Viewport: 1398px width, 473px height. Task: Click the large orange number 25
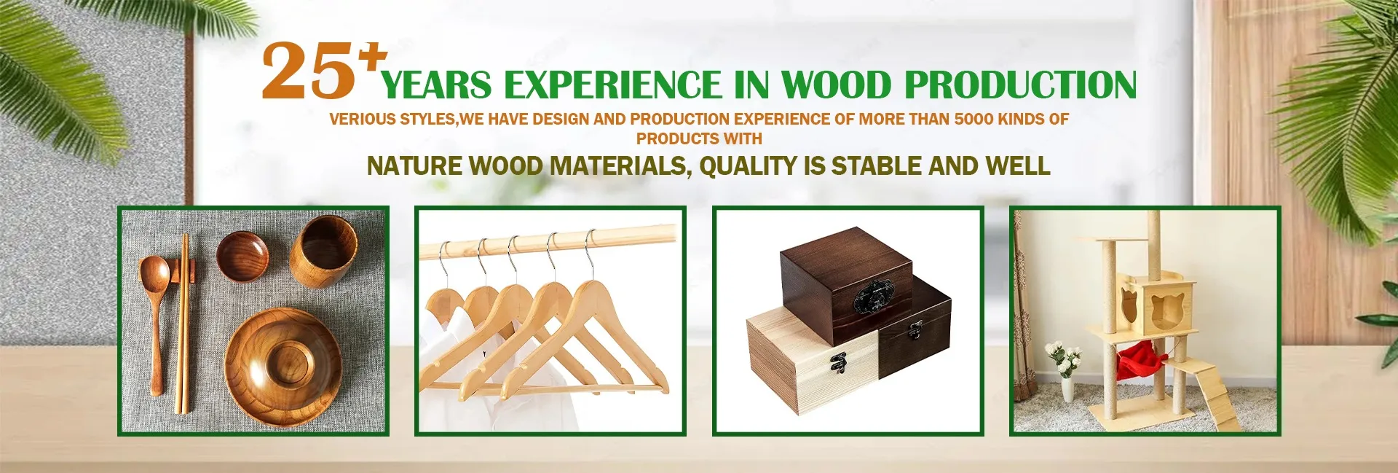[x=309, y=71]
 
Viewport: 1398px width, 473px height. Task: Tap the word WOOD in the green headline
[x=837, y=85]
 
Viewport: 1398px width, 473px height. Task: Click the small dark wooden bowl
[x=242, y=256]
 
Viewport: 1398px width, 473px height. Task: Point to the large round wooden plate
[x=283, y=366]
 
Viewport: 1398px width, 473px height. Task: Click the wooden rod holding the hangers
[x=546, y=238]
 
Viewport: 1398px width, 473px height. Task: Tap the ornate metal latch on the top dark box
[x=872, y=296]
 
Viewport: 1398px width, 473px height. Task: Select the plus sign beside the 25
[x=374, y=56]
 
